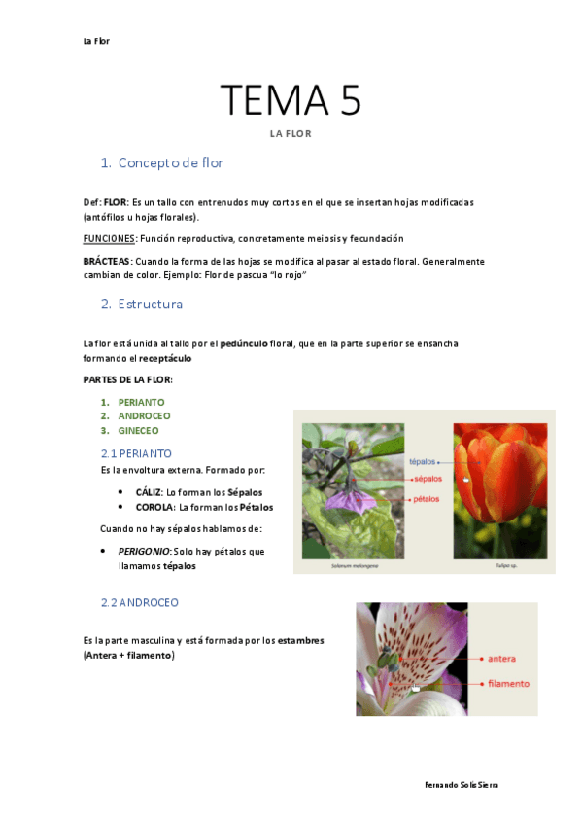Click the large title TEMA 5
point(291,100)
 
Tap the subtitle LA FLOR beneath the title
point(291,134)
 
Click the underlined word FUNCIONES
point(110,238)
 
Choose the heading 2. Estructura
point(150,305)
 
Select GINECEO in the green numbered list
point(139,430)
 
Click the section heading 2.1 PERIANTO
point(136,453)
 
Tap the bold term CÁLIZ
point(149,492)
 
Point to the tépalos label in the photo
point(423,462)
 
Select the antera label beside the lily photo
point(501,658)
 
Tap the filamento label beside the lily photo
point(508,683)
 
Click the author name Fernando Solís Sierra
point(462,784)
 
